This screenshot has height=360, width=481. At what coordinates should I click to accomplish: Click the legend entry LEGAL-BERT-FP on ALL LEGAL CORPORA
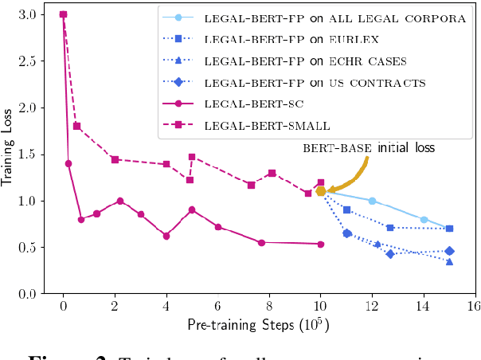(334, 18)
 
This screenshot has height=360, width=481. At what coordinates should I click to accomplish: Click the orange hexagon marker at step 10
(321, 191)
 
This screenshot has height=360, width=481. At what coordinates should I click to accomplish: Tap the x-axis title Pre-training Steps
(257, 326)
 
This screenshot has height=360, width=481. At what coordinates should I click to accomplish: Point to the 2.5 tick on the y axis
(26, 61)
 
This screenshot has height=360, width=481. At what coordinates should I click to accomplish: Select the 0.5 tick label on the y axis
(26, 248)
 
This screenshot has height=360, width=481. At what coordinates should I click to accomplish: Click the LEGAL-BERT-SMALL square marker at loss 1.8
(76, 126)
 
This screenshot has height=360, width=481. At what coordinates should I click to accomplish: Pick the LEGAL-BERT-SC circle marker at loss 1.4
(68, 163)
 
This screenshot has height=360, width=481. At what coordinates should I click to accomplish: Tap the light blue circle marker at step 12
(372, 201)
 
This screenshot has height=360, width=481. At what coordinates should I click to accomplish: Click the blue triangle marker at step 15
(449, 261)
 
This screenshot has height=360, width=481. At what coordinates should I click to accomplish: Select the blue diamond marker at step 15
(449, 251)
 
